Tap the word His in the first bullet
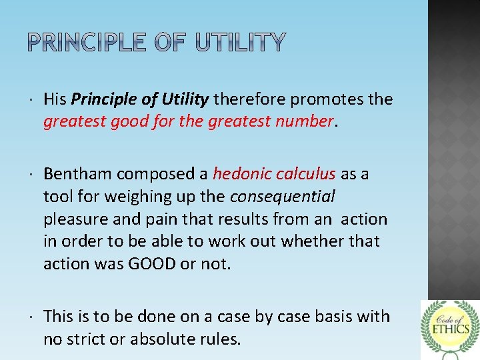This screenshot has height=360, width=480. pyautogui.click(x=55, y=100)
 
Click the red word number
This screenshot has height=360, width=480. pyautogui.click(x=305, y=121)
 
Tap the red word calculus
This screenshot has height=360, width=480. pyautogui.click(x=305, y=174)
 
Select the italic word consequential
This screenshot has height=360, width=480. pyautogui.click(x=283, y=197)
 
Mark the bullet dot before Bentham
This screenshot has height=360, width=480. pyautogui.click(x=33, y=175)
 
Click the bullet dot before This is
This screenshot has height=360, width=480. pyautogui.click(x=33, y=317)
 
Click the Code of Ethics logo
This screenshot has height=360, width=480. pyautogui.click(x=450, y=329)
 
